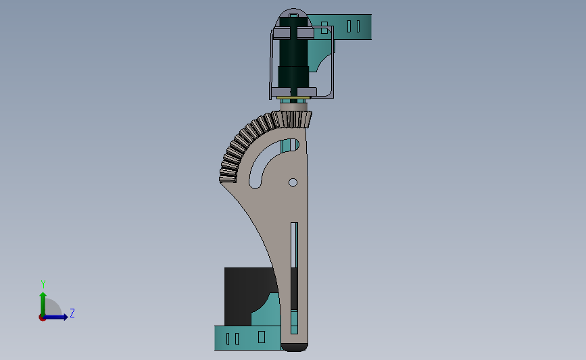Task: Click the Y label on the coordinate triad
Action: tap(43, 284)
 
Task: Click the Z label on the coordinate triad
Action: tap(72, 313)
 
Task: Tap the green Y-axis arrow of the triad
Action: tap(43, 304)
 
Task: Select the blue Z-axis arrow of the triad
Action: tap(55, 317)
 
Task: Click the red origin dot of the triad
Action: tap(42, 318)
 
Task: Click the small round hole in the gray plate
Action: tap(293, 182)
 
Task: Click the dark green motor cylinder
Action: tap(294, 56)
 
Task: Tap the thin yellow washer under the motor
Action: tap(293, 98)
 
